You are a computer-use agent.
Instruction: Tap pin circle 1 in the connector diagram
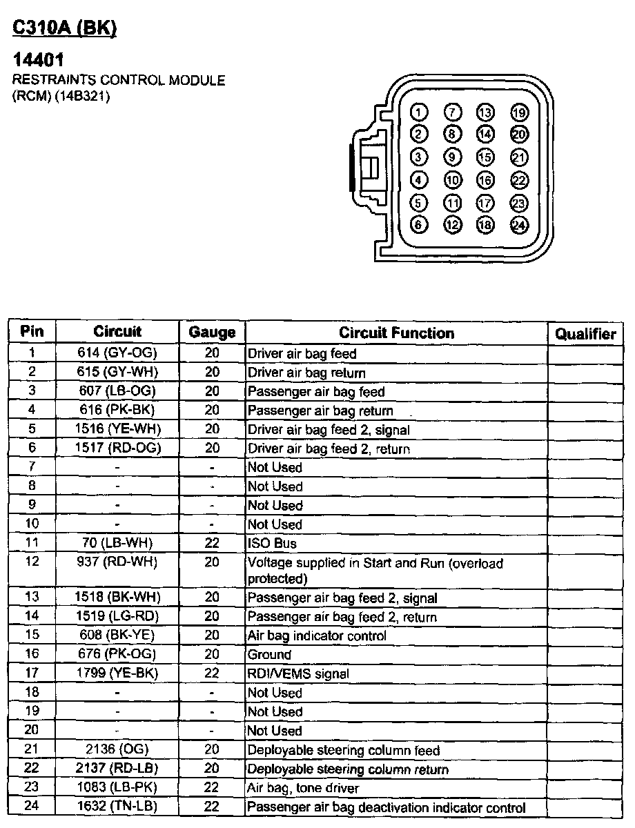pyautogui.click(x=419, y=112)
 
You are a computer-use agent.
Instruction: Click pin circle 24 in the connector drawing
pyautogui.click(x=519, y=224)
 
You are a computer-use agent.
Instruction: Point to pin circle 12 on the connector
pyautogui.click(x=453, y=224)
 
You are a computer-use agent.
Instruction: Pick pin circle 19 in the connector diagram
pyautogui.click(x=519, y=112)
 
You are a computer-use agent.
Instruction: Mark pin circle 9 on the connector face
pyautogui.click(x=453, y=157)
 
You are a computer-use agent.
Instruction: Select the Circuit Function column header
pyautogui.click(x=396, y=333)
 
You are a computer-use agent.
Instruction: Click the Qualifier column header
pyautogui.click(x=585, y=334)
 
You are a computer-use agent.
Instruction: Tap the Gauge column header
pyautogui.click(x=212, y=333)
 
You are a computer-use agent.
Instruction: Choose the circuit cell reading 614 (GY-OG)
pyautogui.click(x=117, y=353)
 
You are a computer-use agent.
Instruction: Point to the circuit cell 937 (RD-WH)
pyautogui.click(x=117, y=562)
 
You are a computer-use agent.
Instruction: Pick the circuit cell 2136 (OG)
pyautogui.click(x=117, y=749)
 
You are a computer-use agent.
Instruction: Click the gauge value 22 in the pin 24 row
pyautogui.click(x=212, y=807)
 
